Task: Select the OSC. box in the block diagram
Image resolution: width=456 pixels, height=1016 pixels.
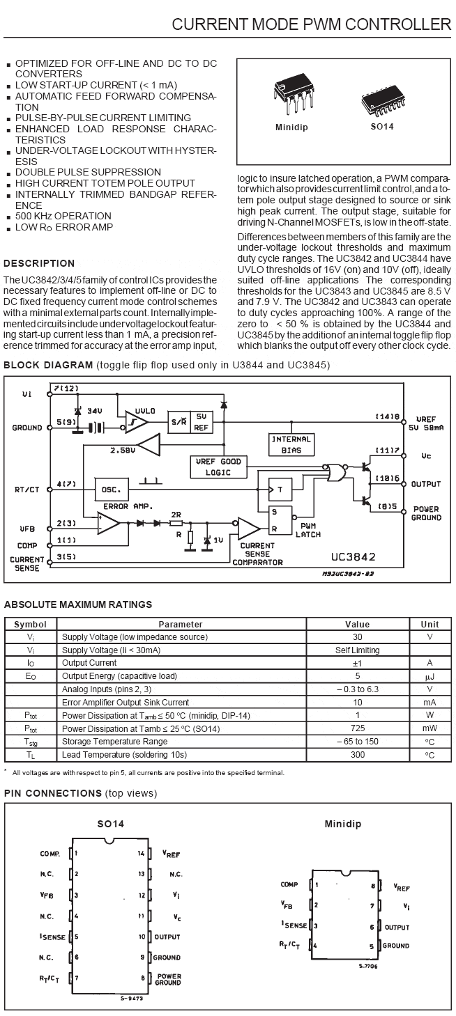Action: point(112,490)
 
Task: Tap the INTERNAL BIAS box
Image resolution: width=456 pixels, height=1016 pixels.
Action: point(291,444)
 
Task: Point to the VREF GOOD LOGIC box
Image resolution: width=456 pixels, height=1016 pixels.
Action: point(218,467)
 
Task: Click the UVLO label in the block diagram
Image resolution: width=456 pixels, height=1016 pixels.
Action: point(145,411)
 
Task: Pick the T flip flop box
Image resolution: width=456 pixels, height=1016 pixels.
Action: point(280,490)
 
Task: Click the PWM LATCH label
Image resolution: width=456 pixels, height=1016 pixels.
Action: point(308,530)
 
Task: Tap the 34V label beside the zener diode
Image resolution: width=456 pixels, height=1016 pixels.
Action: point(94,411)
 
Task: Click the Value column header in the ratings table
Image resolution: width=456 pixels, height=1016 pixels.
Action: point(358,624)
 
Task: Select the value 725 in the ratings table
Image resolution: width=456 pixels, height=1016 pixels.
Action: point(358,728)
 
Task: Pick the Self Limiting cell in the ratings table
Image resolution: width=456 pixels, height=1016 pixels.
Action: point(358,650)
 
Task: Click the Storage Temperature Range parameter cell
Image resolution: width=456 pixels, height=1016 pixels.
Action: point(114,741)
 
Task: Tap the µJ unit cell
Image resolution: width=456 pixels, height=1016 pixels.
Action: point(430,676)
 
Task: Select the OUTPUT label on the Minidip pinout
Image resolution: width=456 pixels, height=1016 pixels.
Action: point(397,928)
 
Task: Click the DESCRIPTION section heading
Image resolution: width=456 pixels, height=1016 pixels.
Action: point(39,263)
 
